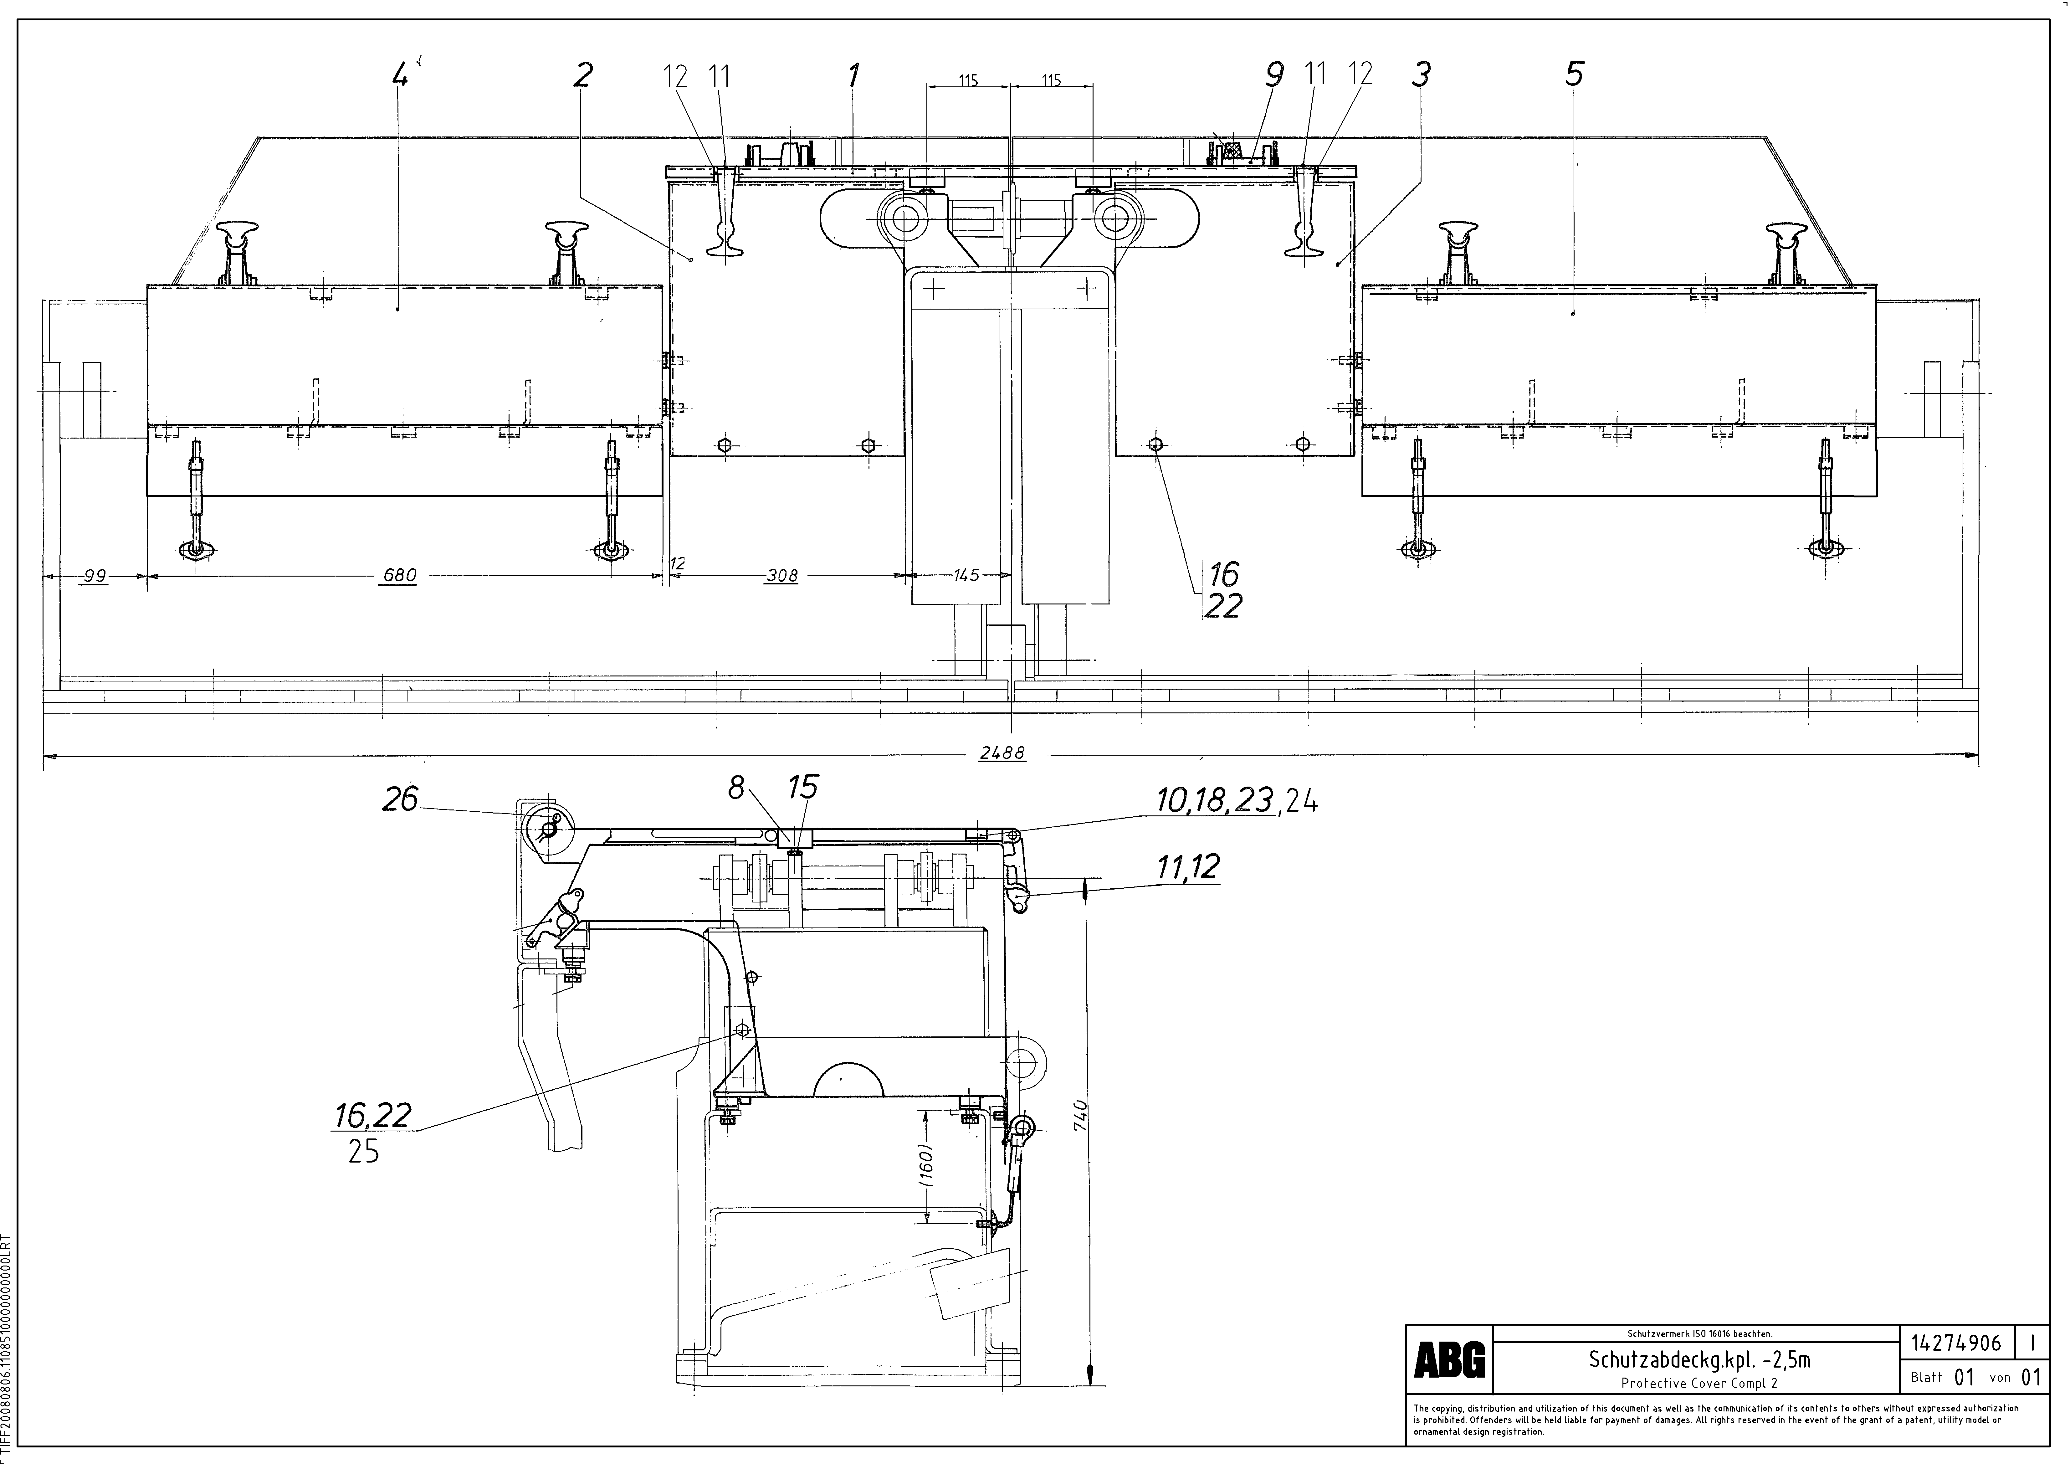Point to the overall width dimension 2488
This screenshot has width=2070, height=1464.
[1002, 754]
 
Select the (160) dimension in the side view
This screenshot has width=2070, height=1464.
[926, 1165]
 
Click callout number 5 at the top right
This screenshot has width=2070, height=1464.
[1574, 74]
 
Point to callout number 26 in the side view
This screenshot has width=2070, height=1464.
[400, 798]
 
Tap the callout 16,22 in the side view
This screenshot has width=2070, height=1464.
[372, 1116]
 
